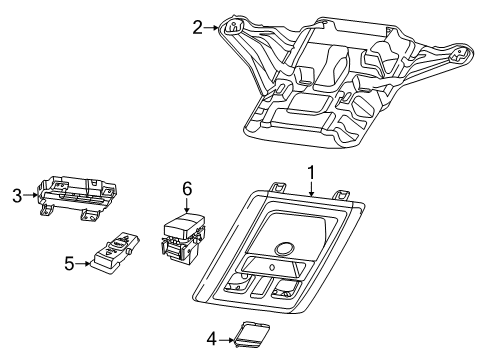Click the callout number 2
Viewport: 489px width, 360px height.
pos(197,28)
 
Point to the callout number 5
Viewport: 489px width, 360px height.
pos(68,264)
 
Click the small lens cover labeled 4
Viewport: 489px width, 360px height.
pos(247,336)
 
